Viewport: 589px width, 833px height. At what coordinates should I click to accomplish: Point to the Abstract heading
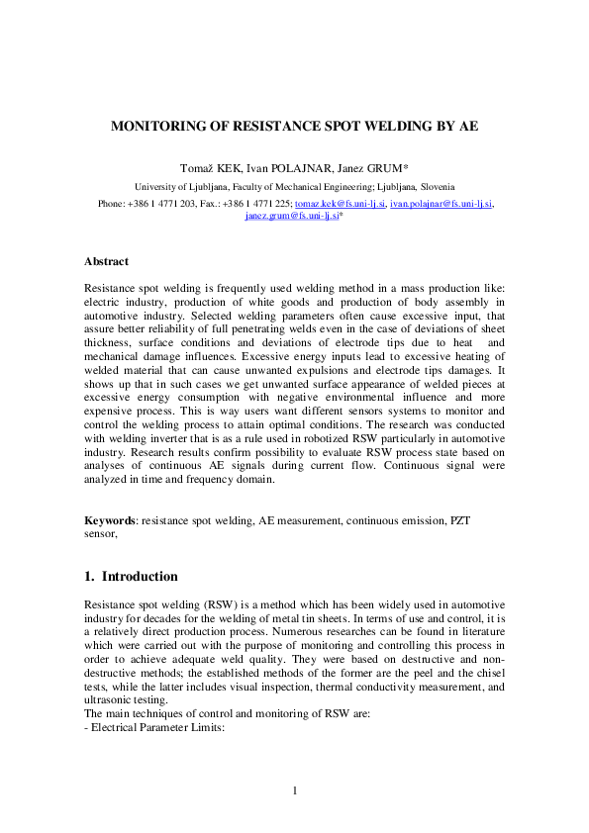coord(106,261)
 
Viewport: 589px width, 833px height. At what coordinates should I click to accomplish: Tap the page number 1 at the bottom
coord(295,789)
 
